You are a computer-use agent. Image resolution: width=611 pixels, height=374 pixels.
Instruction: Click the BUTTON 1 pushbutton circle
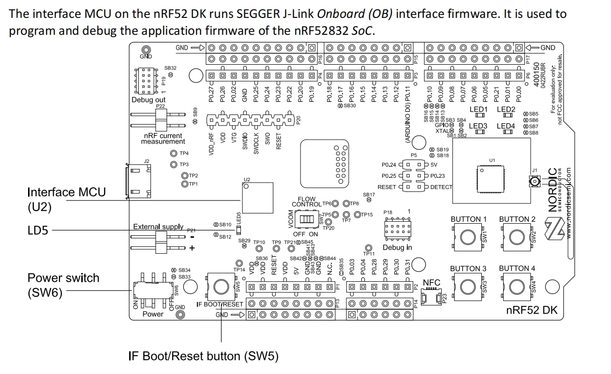coord(467,237)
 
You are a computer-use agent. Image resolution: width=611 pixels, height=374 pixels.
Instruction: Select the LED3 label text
coord(478,126)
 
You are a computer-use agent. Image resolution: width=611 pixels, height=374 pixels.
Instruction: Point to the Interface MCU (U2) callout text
coord(66,199)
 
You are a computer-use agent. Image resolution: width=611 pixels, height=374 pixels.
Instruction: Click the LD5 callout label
coord(38,230)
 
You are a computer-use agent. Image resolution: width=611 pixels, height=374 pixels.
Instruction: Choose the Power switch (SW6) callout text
coord(63,285)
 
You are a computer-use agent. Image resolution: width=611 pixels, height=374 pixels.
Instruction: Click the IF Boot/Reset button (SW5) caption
coord(204,357)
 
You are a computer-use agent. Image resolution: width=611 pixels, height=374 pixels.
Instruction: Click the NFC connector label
coord(432,282)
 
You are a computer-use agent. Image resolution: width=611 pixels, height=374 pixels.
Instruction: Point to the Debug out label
coord(149,100)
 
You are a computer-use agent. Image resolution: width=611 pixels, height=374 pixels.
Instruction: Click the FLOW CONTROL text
coord(307,201)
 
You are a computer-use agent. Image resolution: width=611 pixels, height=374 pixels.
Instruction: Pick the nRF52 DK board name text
coord(532,310)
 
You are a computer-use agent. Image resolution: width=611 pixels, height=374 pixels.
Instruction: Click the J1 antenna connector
coord(534,182)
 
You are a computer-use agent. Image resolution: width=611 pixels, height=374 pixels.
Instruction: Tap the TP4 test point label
coord(184,153)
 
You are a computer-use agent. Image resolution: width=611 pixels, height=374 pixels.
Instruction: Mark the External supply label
coord(158,227)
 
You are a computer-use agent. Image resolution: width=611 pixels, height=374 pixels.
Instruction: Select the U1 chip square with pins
coord(491,179)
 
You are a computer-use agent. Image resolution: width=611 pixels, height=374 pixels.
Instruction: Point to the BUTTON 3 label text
coord(468,269)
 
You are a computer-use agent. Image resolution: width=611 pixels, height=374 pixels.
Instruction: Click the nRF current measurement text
coord(163,139)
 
